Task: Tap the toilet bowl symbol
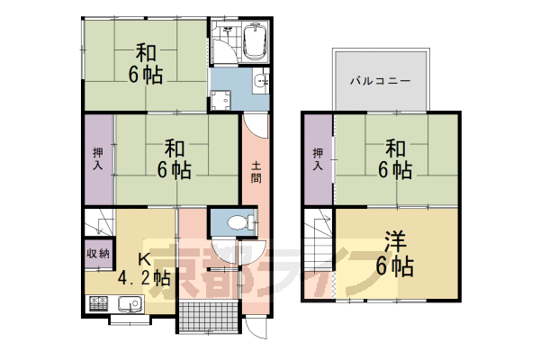(235, 221)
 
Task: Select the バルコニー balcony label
(381, 80)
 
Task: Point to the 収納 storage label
(99, 253)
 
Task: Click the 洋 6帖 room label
(395, 254)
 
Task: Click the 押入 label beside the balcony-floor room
(318, 158)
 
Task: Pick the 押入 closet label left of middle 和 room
(99, 158)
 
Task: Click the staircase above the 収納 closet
(99, 221)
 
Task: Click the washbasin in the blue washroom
(261, 81)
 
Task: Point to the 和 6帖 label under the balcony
(394, 157)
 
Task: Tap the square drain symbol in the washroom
(218, 101)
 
